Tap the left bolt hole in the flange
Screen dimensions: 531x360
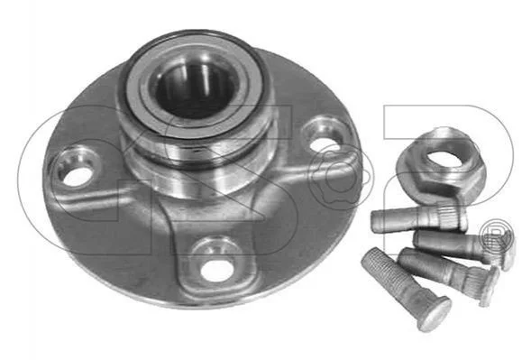(78, 176)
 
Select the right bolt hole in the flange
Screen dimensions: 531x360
(323, 143)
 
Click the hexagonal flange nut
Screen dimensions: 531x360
(440, 167)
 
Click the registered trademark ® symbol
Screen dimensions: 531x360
(497, 237)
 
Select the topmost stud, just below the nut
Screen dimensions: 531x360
(419, 219)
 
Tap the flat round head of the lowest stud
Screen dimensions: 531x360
(435, 315)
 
